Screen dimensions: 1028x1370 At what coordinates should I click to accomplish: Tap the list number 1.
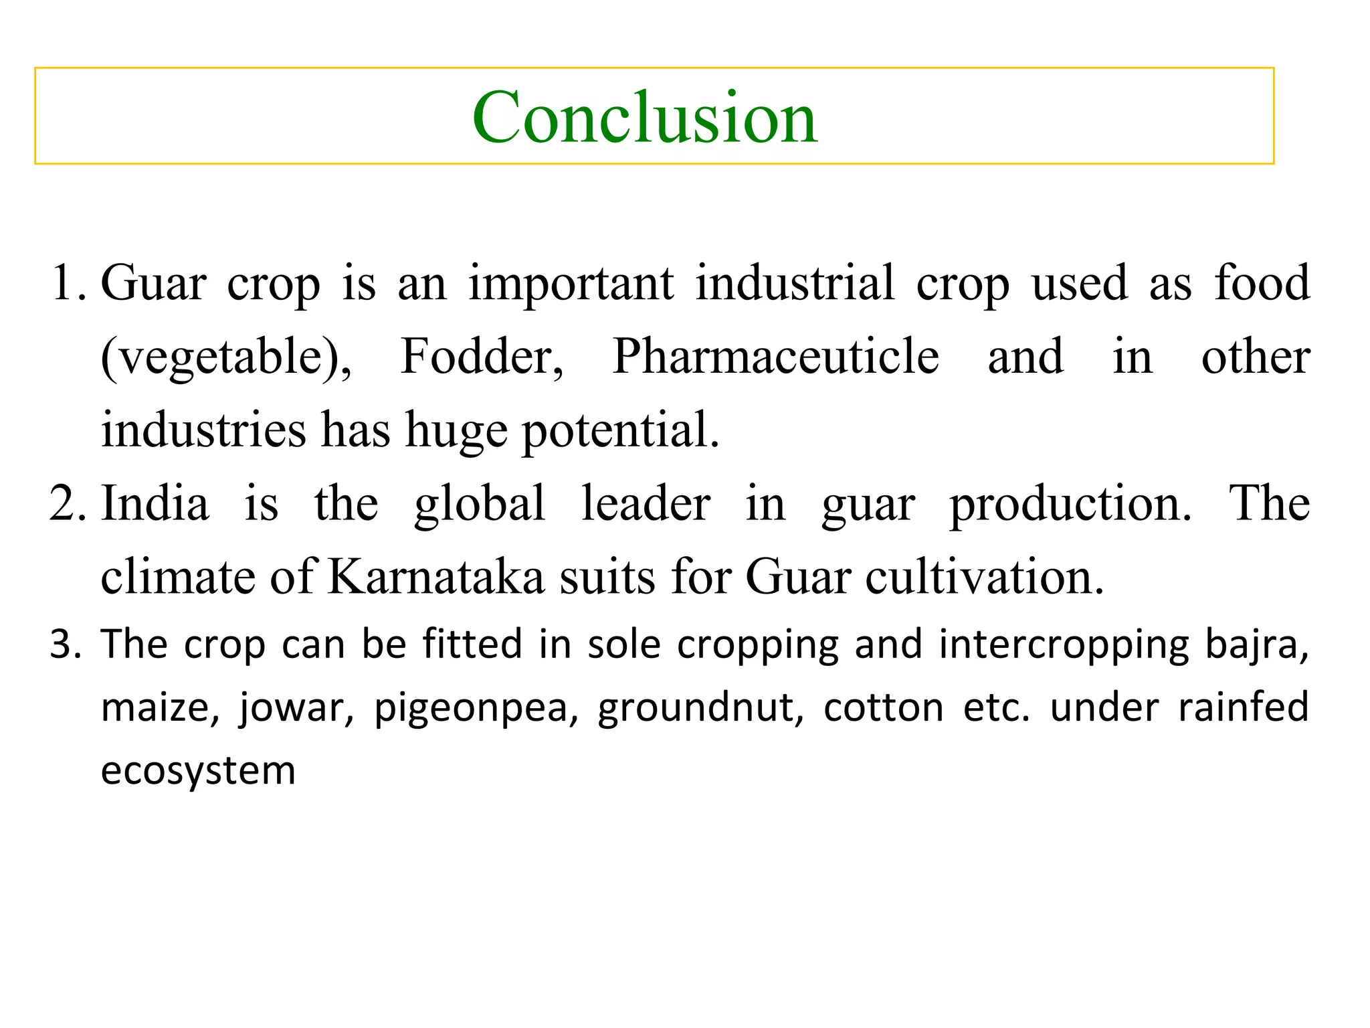(66, 283)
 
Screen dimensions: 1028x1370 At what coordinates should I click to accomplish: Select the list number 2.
(66, 504)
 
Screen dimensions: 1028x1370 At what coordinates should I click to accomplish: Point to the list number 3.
(65, 645)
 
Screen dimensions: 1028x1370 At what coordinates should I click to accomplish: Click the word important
(571, 283)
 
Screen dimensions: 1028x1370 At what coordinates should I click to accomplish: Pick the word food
(1262, 283)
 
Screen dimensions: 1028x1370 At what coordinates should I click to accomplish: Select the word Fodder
(482, 356)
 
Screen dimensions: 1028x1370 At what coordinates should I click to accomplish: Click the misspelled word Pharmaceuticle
(775, 356)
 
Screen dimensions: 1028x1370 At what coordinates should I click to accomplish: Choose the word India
(155, 504)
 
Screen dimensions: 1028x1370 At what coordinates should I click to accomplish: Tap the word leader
(646, 504)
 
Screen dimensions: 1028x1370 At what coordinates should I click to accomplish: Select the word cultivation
(984, 577)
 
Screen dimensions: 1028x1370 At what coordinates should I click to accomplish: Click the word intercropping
(1064, 645)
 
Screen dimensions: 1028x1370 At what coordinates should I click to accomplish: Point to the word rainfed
(1243, 707)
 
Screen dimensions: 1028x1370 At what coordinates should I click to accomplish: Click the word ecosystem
(198, 772)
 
